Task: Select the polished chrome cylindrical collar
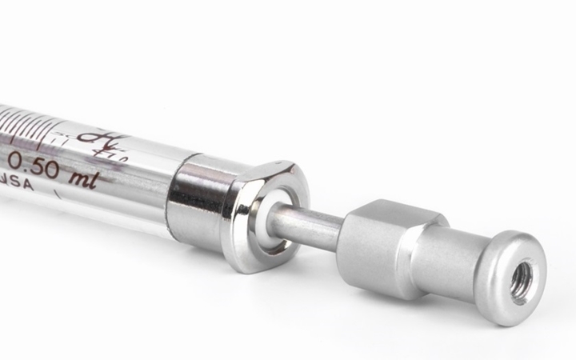click(x=196, y=200)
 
